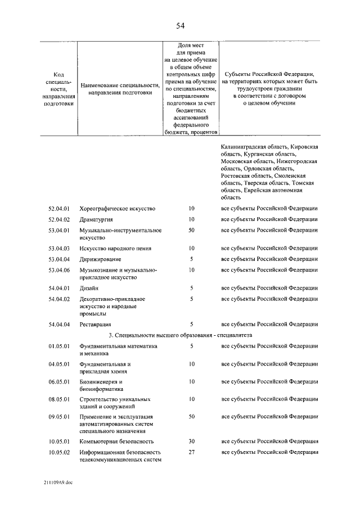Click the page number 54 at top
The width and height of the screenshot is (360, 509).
pyautogui.click(x=180, y=26)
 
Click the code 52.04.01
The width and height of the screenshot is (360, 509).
pyautogui.click(x=58, y=208)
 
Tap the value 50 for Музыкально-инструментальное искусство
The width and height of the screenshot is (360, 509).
pyautogui.click(x=191, y=230)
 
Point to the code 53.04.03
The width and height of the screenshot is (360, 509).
pyautogui.click(x=58, y=248)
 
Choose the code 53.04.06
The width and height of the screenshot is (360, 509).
pyautogui.click(x=58, y=270)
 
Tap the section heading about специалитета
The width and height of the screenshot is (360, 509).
pyautogui.click(x=180, y=335)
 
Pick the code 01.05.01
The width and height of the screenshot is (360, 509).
pyautogui.click(x=58, y=346)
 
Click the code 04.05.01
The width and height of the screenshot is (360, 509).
pyautogui.click(x=58, y=364)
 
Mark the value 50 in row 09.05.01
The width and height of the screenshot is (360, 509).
pyautogui.click(x=191, y=417)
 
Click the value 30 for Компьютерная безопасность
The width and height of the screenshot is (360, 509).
pyautogui.click(x=191, y=442)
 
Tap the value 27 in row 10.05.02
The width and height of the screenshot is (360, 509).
pyautogui.click(x=191, y=452)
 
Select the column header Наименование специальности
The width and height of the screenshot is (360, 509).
pyautogui.click(x=120, y=85)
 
